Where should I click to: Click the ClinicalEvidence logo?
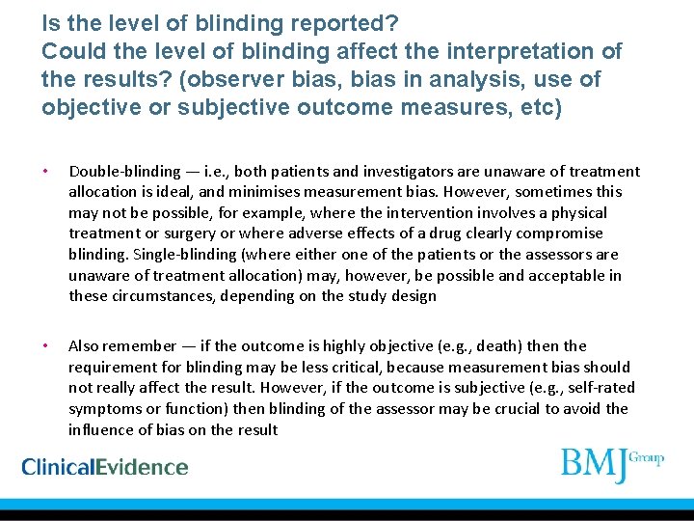click(105, 467)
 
